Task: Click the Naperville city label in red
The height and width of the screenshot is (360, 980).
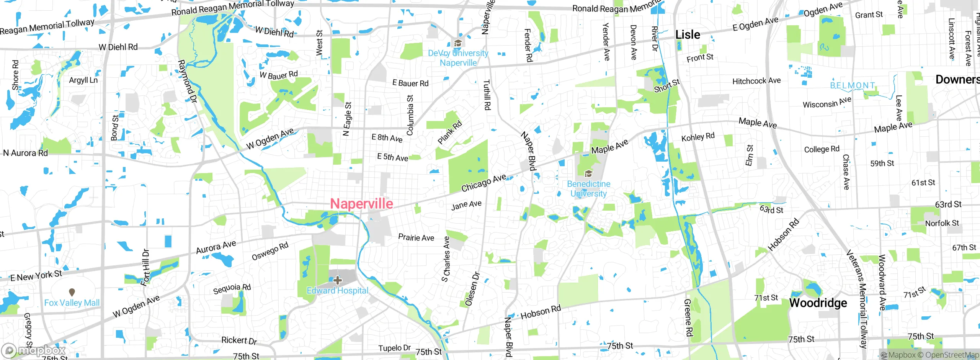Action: (361, 203)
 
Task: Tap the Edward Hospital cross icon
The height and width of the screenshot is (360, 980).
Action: (337, 280)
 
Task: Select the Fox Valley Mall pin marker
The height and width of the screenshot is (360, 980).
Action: (72, 293)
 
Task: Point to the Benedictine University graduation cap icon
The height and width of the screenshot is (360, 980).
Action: (588, 174)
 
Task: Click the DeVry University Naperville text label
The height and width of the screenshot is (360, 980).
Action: (458, 58)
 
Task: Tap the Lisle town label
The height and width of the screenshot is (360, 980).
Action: (688, 34)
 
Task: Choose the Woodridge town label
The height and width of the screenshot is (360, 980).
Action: (818, 303)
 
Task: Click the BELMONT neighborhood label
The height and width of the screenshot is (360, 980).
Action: (853, 85)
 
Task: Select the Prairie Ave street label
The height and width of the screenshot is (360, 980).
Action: (416, 237)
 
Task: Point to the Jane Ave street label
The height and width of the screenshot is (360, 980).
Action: (466, 205)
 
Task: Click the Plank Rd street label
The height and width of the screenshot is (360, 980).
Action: (450, 133)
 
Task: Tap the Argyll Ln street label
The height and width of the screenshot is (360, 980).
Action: (83, 80)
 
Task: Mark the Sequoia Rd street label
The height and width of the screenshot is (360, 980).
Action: (232, 289)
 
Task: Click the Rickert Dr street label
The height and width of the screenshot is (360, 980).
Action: (239, 340)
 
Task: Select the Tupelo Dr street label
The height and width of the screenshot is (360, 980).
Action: (394, 348)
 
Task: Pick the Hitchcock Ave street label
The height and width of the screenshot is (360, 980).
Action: (756, 81)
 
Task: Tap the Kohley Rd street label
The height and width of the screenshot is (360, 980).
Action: (698, 137)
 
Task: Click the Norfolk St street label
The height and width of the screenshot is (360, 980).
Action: (942, 223)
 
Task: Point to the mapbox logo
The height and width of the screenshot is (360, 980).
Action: (34, 350)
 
